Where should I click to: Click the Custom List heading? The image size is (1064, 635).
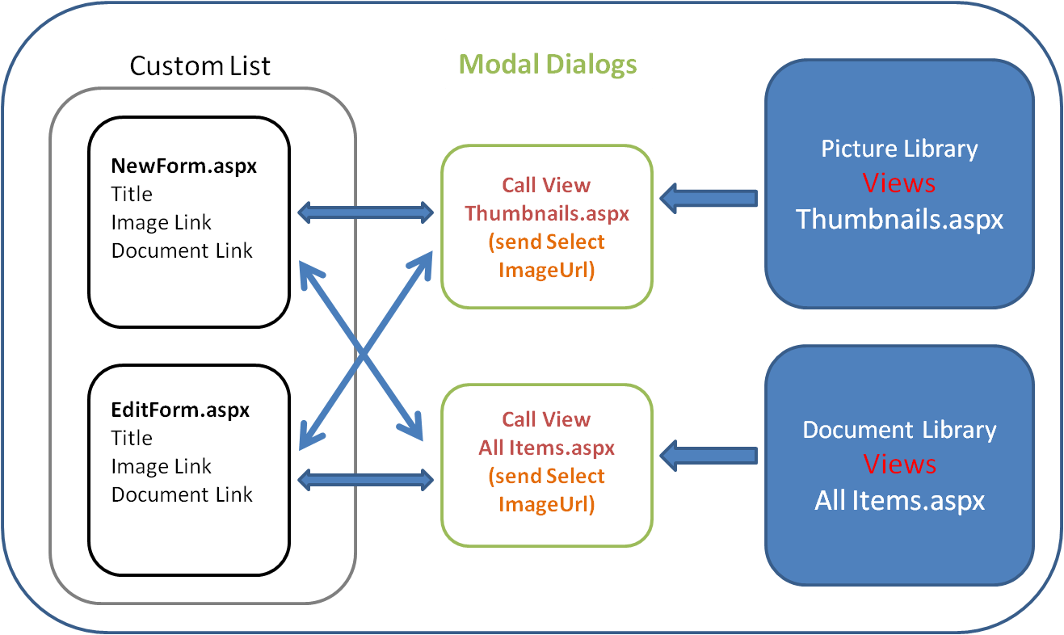point(200,65)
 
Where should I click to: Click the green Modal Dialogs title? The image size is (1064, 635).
point(548,65)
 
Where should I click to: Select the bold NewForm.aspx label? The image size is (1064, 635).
point(184,166)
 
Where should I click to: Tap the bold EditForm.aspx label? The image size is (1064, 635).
point(180,410)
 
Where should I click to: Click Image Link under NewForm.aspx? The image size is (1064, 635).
point(161,222)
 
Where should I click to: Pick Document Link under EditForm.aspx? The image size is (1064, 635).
point(182,494)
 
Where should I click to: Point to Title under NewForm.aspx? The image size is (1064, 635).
point(132,194)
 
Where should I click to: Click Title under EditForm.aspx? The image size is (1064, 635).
point(132,438)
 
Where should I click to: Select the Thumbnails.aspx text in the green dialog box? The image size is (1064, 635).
point(547,214)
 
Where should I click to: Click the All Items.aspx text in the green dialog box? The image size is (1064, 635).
point(547,448)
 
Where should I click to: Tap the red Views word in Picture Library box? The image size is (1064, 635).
point(898,183)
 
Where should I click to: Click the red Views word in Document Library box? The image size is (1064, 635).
point(900,464)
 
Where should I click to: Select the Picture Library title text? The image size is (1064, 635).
point(900,149)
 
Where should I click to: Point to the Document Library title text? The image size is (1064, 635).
point(900,430)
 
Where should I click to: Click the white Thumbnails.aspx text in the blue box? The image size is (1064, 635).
point(900,220)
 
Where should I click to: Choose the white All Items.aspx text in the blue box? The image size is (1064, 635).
point(900,501)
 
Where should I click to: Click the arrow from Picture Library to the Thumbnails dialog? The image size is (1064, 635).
point(709,199)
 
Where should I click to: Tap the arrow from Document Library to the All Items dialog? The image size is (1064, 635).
point(709,456)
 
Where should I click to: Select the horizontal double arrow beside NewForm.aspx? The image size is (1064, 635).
point(365,212)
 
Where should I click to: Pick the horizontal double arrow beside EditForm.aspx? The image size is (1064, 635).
point(365,480)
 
